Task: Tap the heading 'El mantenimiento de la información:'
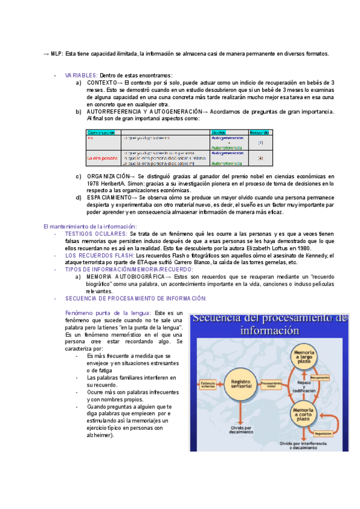click(x=90, y=226)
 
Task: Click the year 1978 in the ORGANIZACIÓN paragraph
click(x=94, y=183)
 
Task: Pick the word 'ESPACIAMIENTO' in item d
click(x=108, y=197)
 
